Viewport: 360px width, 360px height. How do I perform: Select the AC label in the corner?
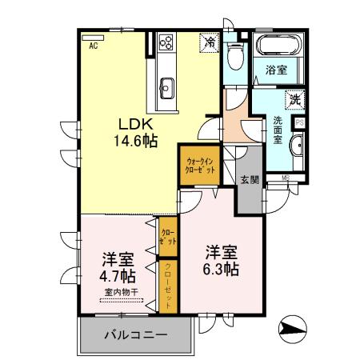94,46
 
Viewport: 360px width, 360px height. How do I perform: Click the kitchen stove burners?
167,40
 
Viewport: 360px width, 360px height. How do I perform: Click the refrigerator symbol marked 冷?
210,42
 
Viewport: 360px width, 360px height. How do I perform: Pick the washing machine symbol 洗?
294,101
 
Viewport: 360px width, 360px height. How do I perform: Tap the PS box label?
299,122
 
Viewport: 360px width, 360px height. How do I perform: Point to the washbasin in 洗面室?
298,147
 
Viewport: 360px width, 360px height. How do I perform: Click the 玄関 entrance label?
248,180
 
